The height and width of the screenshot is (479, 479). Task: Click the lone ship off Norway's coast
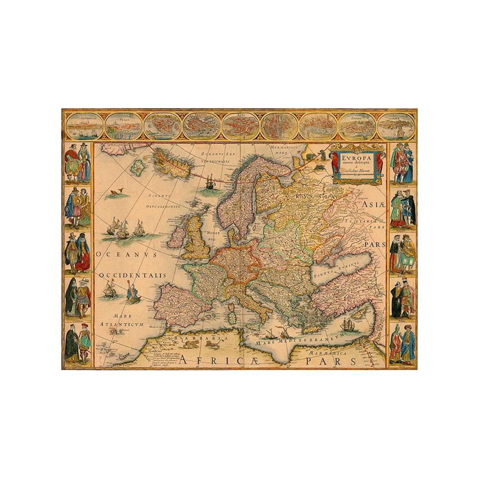[x=210, y=182]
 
